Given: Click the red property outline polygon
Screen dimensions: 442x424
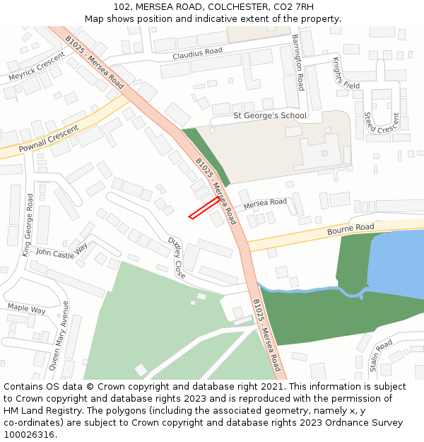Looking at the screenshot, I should tap(204, 208).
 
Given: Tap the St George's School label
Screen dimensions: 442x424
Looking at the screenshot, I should tap(270, 115).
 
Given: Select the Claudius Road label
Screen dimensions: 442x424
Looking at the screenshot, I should tap(197, 52).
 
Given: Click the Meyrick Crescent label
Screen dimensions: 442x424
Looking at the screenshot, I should tap(36, 66).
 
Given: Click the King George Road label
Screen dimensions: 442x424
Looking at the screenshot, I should tap(28, 225).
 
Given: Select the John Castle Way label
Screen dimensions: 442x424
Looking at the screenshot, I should tap(61, 251).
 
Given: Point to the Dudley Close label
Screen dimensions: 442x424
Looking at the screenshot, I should tap(177, 257).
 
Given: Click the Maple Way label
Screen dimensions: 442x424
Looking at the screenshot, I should tap(26, 309).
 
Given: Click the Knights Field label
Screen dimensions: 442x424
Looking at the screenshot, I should tap(346, 74).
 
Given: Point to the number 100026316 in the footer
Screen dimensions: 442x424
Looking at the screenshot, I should tap(29, 434).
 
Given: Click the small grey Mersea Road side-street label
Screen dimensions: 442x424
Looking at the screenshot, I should tap(265, 204).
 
